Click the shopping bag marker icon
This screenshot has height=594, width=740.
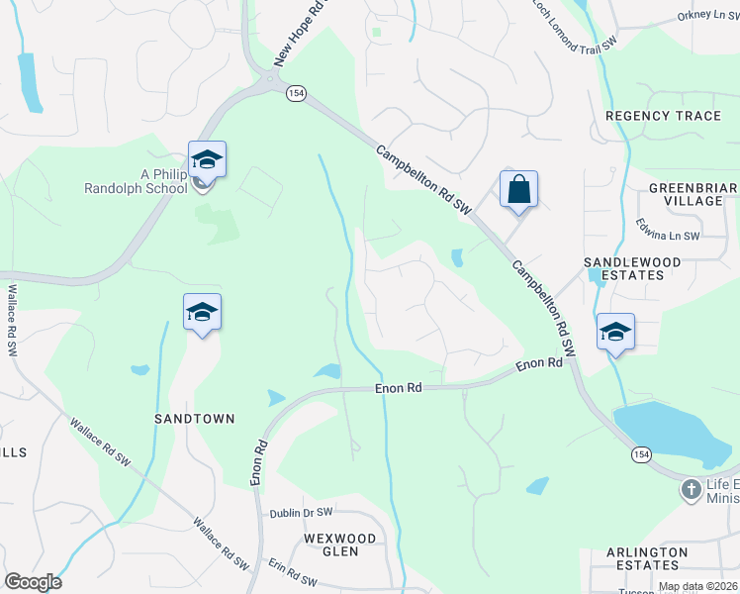point(518,188)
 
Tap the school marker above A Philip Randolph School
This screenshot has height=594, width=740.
point(207,158)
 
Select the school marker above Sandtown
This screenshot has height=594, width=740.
point(202,312)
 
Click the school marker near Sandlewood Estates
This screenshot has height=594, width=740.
point(615,332)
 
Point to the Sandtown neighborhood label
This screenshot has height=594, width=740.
point(195,419)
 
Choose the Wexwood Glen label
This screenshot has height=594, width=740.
point(339,545)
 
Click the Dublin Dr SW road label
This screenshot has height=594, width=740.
point(305,514)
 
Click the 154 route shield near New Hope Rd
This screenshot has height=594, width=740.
point(296,92)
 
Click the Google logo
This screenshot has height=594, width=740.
point(33,582)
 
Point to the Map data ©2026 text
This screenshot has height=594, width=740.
point(696,586)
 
